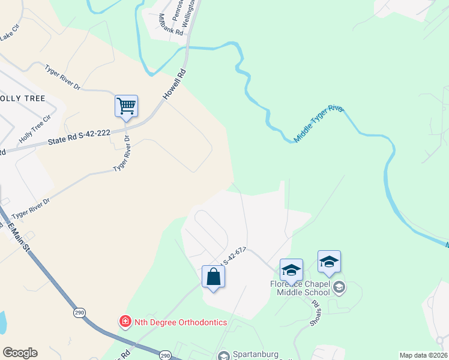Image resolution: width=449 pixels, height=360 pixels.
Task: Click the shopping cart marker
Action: [126, 107]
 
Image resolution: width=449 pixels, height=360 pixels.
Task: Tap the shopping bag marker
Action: [213, 277]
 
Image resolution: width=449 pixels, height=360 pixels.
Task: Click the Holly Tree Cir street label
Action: [34, 131]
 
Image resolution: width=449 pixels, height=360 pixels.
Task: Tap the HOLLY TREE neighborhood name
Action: [23, 98]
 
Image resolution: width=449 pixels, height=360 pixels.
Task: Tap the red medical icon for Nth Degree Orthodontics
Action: [125, 322]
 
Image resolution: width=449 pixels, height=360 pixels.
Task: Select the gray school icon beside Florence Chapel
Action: [339, 287]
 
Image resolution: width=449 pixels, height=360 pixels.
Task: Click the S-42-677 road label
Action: [235, 256]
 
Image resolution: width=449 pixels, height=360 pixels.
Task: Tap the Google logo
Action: [20, 353]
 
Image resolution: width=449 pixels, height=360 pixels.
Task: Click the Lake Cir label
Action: [10, 37]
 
